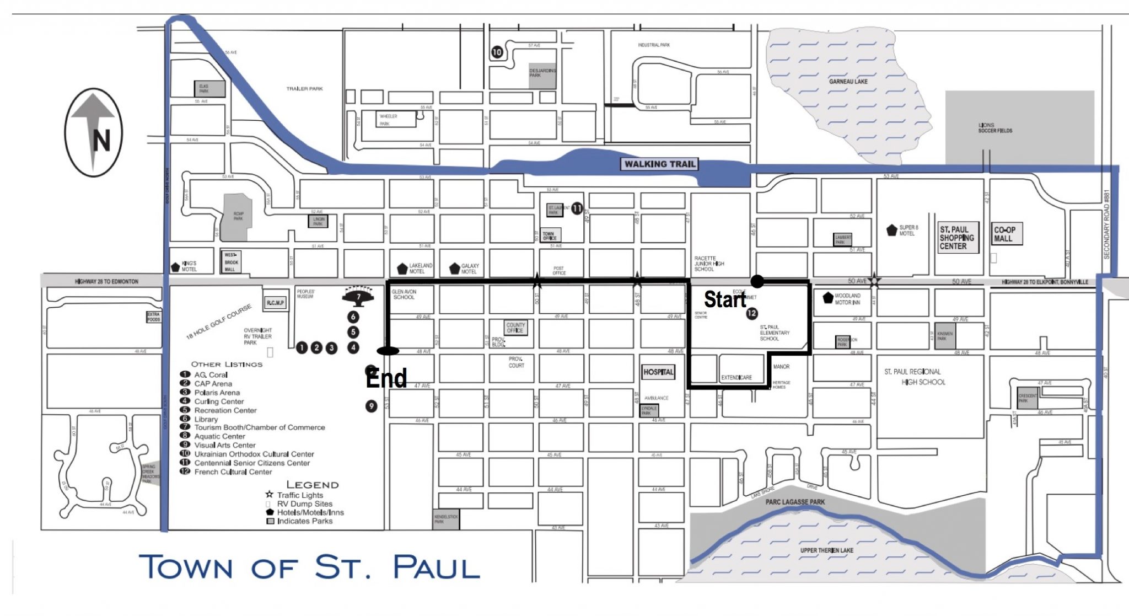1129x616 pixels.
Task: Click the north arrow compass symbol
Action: coord(94,132)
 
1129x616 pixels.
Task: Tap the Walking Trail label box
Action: coord(660,164)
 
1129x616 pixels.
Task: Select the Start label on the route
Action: coord(724,299)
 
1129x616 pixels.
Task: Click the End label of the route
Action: coord(386,378)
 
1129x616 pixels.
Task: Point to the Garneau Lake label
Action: coord(848,82)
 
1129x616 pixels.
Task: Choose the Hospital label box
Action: coord(658,372)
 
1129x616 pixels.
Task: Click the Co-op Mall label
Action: coord(1004,234)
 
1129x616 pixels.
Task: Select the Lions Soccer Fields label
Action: coord(995,128)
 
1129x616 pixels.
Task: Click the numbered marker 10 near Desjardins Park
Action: coord(497,52)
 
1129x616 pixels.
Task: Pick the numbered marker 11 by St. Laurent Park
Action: coord(577,208)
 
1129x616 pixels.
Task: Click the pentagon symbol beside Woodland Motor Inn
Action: coord(827,298)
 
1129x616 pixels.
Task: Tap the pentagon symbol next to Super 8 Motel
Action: coord(891,231)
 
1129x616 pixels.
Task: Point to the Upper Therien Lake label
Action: coord(826,550)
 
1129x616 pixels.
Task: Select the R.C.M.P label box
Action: coord(275,303)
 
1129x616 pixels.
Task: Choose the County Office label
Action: coord(515,328)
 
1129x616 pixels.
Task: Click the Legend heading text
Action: coord(312,485)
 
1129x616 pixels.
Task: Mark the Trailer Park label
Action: coord(304,89)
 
